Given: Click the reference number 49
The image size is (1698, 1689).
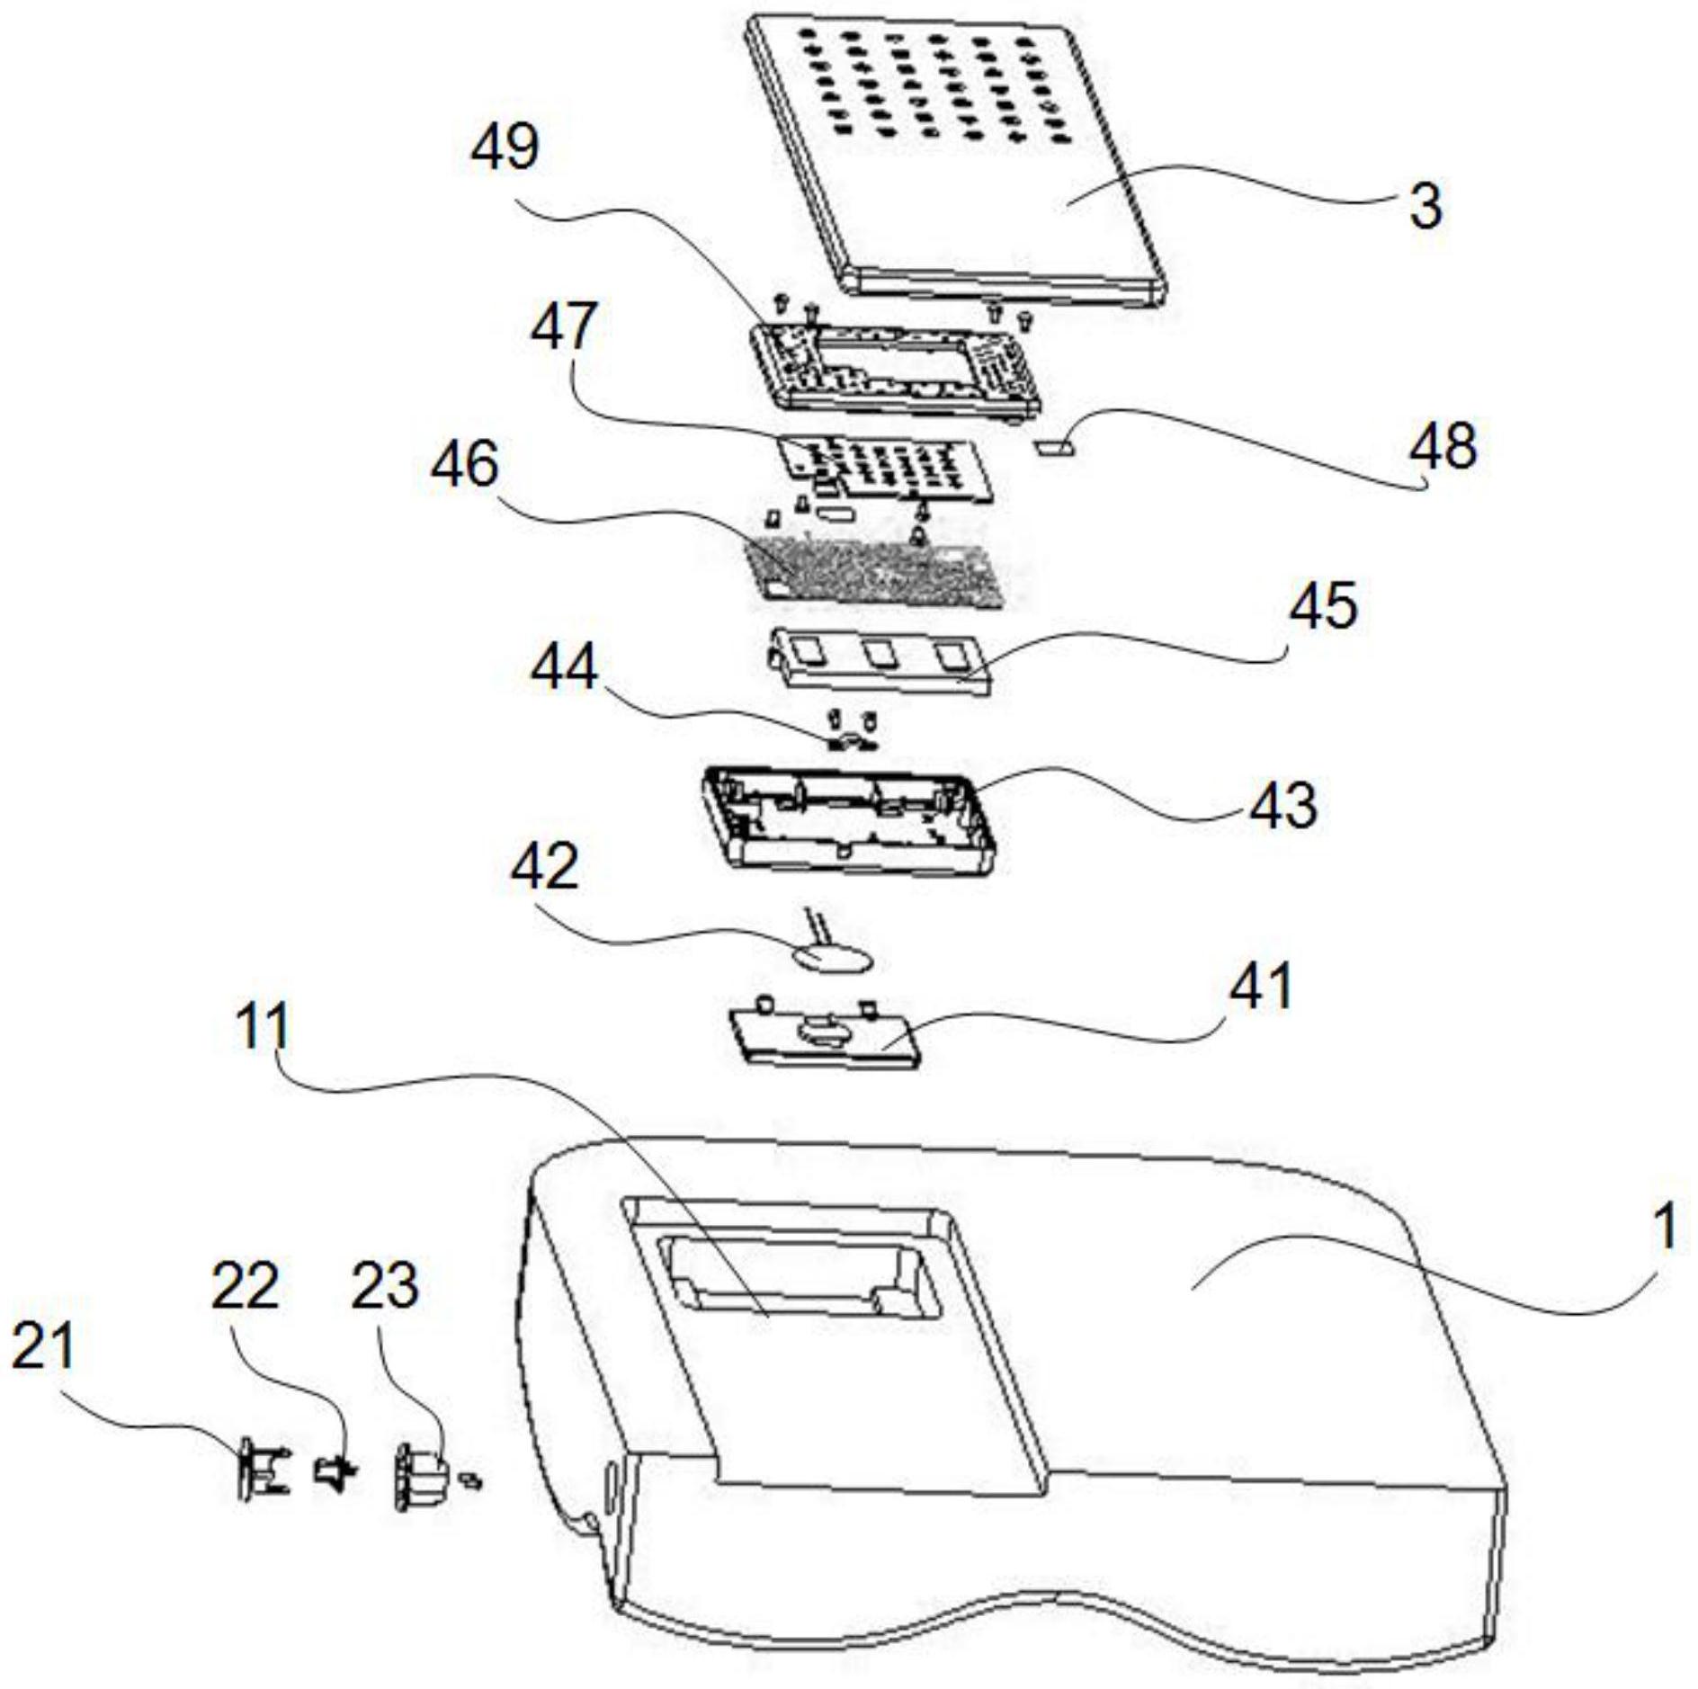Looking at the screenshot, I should pos(505,147).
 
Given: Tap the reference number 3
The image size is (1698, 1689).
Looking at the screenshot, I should pos(1425,206).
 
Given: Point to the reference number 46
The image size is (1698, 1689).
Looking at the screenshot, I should pos(464,465).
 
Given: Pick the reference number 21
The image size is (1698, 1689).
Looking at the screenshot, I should pos(42,1347).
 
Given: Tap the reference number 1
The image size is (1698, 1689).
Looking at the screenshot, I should pos(1665,1227).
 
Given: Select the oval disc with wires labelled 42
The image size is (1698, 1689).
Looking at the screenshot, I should pos(832,956).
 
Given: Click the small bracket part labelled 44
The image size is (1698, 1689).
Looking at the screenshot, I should pos(851,742).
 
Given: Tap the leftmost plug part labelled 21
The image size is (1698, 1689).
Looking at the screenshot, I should pos(262,1470).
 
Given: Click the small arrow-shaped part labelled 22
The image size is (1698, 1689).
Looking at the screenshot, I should pos(335,1473).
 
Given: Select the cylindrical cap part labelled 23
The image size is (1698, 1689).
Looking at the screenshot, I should pos(419,1475).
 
